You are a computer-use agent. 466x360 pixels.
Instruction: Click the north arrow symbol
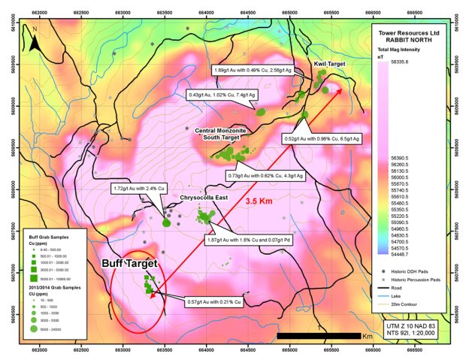(x=35, y=42)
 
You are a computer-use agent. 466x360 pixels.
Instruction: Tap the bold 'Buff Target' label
(x=129, y=265)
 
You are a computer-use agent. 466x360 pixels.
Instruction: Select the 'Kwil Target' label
(x=328, y=65)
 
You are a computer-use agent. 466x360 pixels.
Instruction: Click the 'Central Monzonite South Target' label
(x=227, y=134)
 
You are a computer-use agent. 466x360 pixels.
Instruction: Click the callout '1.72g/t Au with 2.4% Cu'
(x=138, y=188)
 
